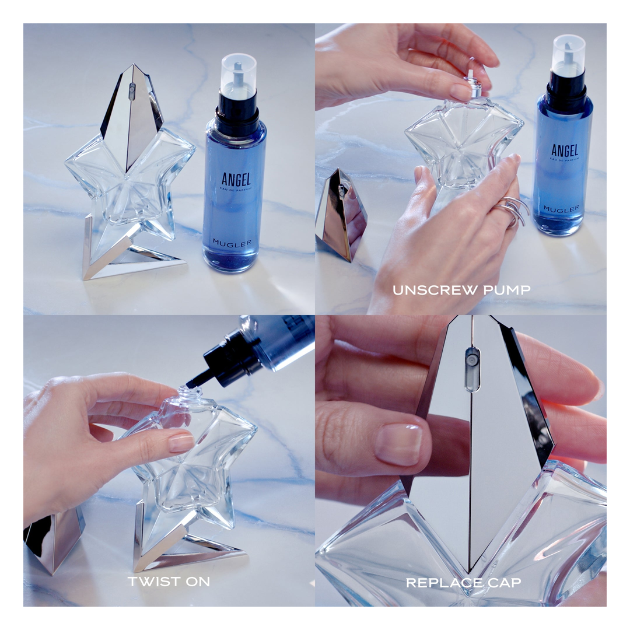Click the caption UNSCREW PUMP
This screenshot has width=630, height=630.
tap(461, 290)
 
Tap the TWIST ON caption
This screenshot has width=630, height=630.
tap(169, 581)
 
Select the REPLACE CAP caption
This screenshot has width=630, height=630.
tap(464, 582)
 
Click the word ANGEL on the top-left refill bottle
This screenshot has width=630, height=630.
tap(236, 179)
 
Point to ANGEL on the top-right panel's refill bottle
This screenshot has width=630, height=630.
tap(563, 150)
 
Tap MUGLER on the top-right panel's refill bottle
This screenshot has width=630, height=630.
tap(561, 208)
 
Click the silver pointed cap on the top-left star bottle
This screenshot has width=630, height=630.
tap(131, 111)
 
